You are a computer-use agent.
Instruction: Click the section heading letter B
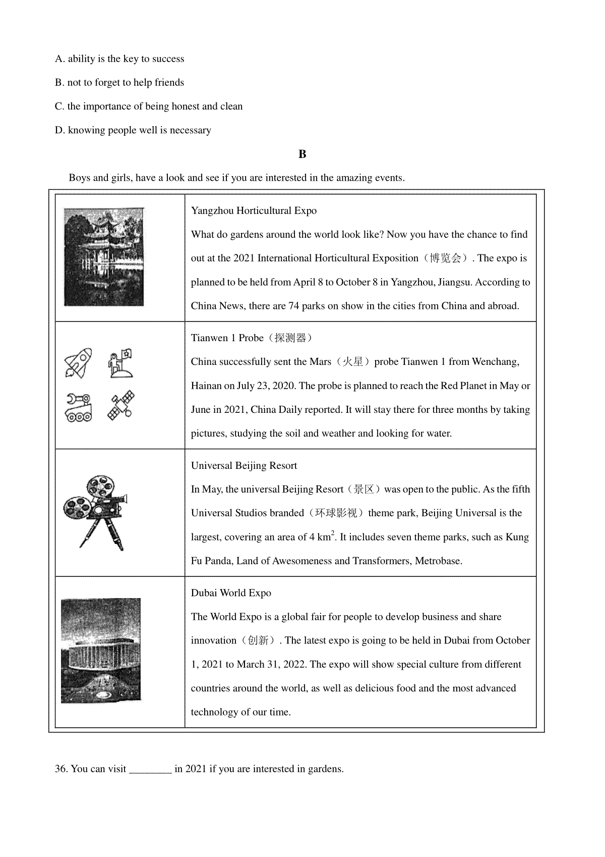pos(302,154)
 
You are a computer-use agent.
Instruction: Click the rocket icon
pos(78,362)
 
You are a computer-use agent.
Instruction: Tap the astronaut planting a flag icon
pos(121,362)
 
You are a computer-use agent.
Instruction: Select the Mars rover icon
pos(79,406)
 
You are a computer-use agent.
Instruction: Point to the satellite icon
pos(121,405)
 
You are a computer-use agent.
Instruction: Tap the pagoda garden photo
pos(103,257)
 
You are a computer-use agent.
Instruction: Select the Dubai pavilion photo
pos(101,651)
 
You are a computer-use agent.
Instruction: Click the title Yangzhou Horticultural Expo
pos(254,210)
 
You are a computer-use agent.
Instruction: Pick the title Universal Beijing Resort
pos(244,465)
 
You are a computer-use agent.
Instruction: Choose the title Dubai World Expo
pos(231,593)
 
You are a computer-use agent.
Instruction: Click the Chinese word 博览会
pos(445,258)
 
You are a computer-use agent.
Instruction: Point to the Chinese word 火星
pos(352,362)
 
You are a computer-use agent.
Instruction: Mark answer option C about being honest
pos(149,106)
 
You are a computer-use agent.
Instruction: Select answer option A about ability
pos(119,59)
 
